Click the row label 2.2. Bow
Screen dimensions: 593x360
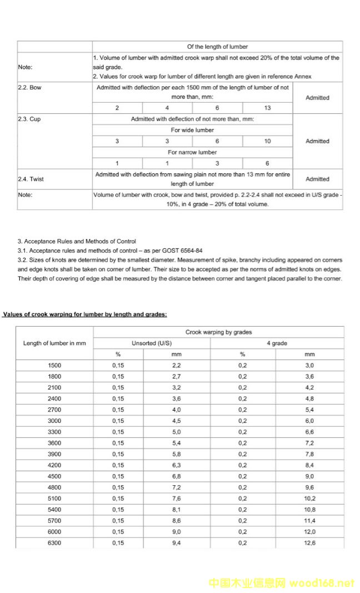(29, 88)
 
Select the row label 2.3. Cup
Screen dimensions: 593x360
(29, 119)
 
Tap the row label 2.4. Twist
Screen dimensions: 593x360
(31, 179)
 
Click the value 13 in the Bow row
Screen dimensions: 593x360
(267, 108)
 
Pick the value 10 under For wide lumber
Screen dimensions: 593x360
(267, 141)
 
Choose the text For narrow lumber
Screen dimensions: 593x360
(192, 152)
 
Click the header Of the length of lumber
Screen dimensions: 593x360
(217, 47)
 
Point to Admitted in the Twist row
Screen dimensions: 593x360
(317, 179)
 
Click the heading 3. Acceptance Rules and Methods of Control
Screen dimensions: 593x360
(77, 242)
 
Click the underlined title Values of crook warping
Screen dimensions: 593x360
(84, 315)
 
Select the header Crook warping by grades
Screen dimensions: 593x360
(218, 332)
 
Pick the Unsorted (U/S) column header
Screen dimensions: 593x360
(152, 343)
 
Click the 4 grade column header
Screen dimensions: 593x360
(277, 343)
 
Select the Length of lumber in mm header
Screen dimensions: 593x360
(54, 343)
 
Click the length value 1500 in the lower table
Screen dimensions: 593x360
(54, 366)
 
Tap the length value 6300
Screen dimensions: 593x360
(54, 543)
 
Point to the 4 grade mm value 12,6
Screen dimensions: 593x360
(309, 543)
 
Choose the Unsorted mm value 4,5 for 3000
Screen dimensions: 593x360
(177, 421)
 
